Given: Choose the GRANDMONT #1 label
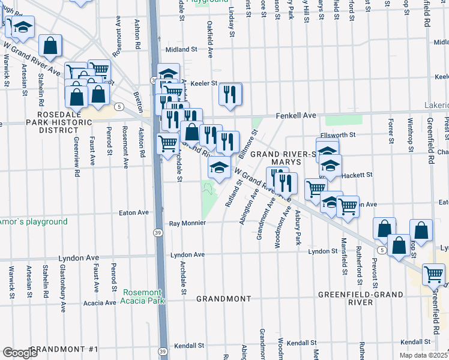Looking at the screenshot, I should coord(62,349).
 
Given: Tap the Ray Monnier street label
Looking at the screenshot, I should coord(187,223).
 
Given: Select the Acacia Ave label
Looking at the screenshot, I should coord(100,303).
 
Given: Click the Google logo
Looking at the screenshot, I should coord(20,353).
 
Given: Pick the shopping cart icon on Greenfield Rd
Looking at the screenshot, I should coord(433,275).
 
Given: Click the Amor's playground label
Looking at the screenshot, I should coord(33,221).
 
